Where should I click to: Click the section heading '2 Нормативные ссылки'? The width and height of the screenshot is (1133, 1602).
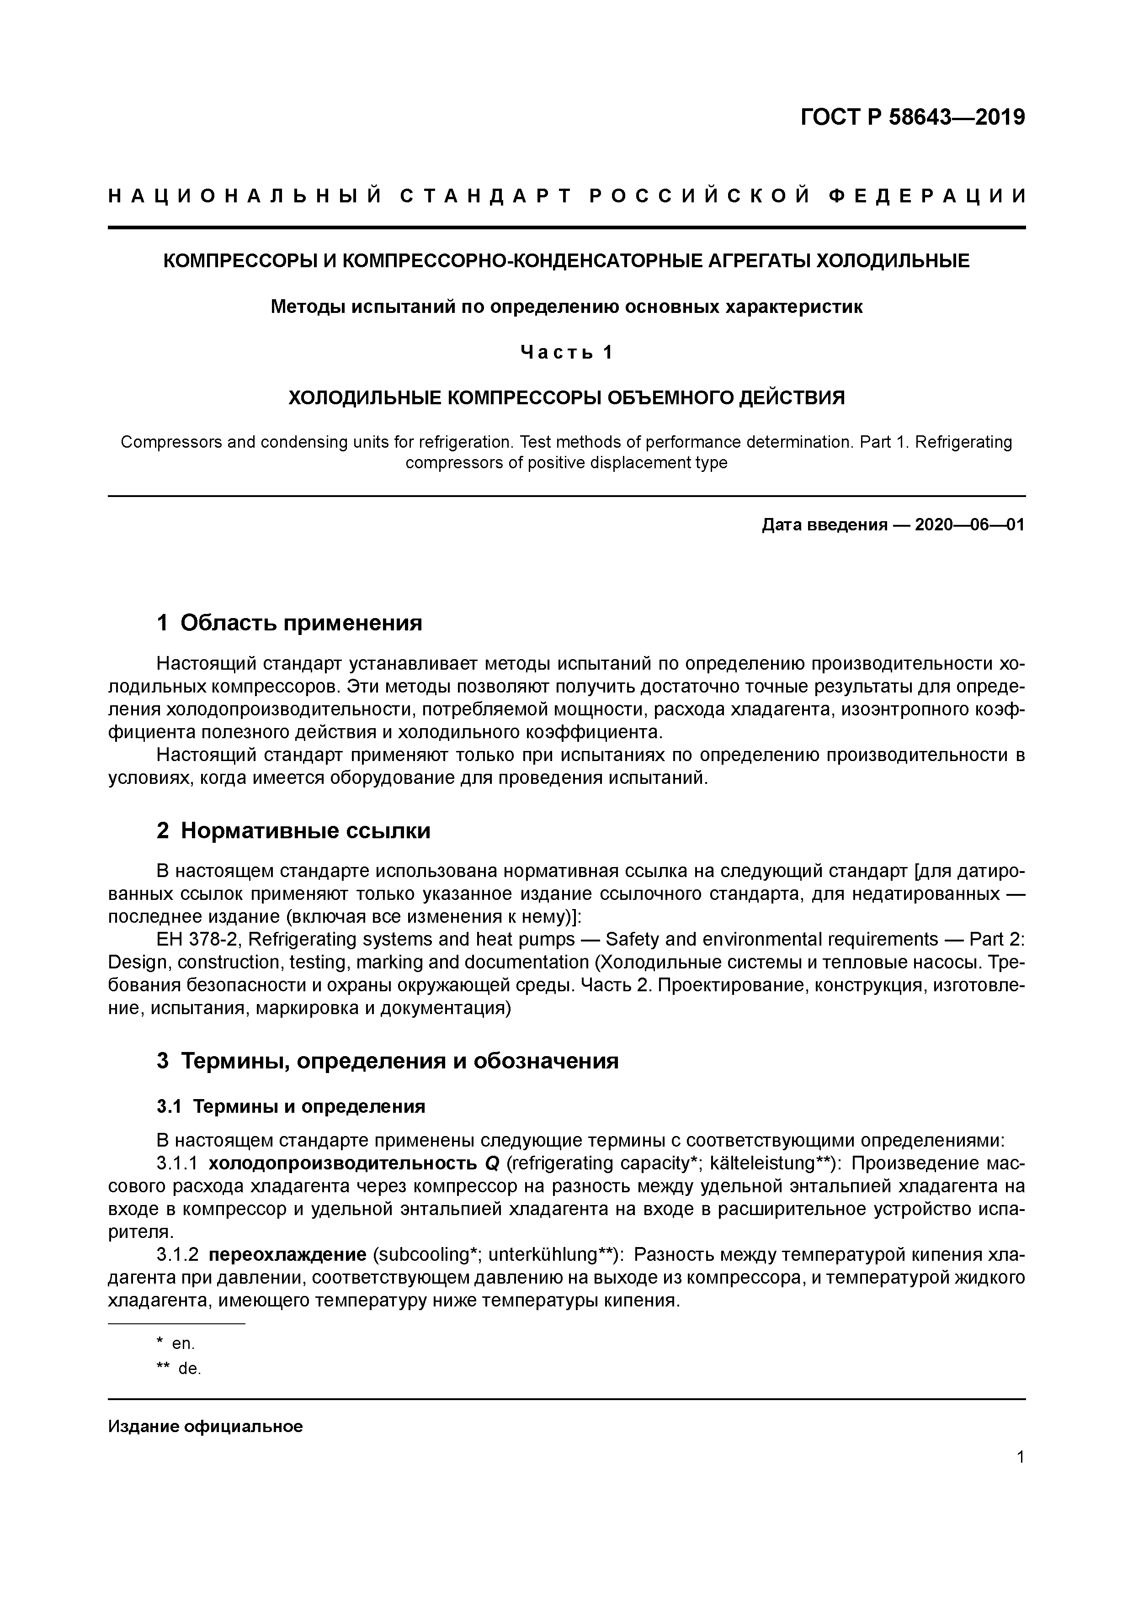293,830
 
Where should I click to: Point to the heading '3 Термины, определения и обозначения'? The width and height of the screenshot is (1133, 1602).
388,1061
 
